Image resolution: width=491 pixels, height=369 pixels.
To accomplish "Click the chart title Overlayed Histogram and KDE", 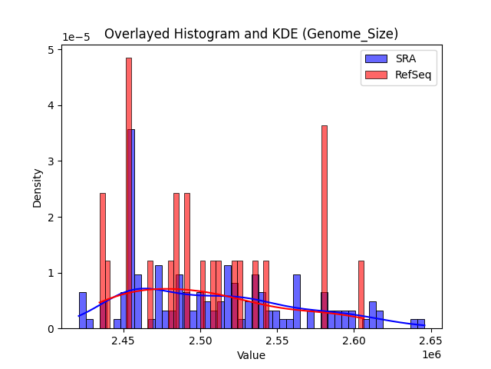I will click(251, 34).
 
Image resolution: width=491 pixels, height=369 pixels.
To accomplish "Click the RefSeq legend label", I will click(411, 75).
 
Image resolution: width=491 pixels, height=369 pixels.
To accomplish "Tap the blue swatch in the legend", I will click(376, 59).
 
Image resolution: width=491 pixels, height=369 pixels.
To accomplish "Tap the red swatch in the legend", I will click(376, 75).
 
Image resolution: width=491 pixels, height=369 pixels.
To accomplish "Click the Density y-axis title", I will click(37, 187).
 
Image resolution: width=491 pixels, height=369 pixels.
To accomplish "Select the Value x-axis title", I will click(251, 355).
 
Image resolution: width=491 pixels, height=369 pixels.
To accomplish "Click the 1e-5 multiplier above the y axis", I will click(75, 37).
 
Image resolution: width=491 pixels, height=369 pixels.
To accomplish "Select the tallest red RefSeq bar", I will click(129, 192).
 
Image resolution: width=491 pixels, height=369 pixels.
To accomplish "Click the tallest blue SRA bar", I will click(132, 231).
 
